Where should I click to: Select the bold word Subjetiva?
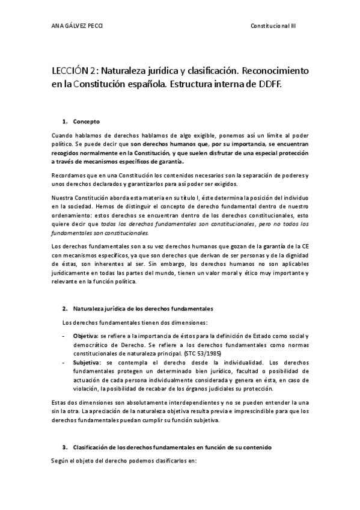click(87, 363)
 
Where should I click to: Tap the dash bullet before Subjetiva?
click(65, 363)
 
